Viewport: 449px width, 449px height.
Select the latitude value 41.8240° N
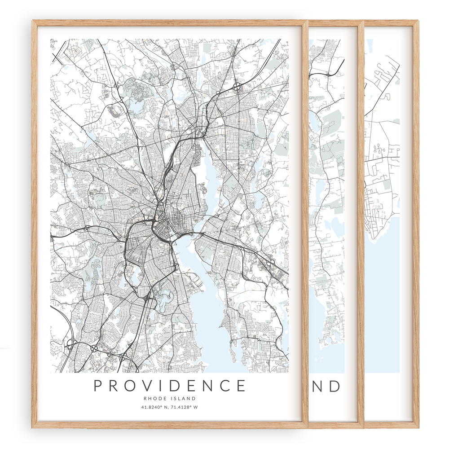[154, 408]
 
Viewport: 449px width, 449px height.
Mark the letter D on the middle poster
[335, 386]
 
